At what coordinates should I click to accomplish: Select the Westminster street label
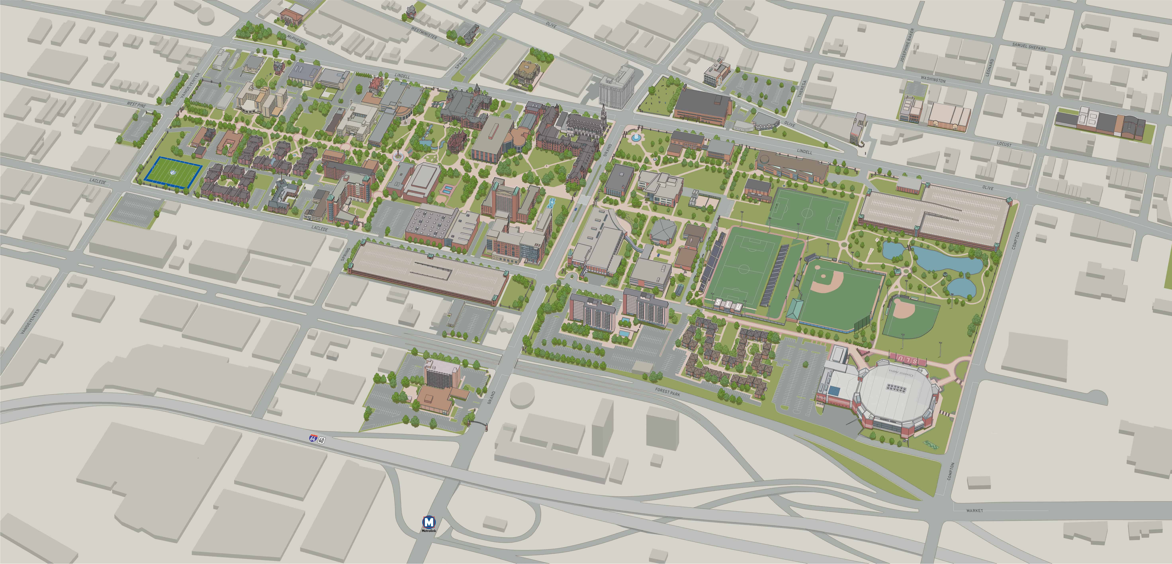tap(424, 33)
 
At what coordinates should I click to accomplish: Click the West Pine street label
tap(136, 105)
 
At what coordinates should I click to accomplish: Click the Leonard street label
tap(990, 67)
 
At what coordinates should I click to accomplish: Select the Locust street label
tap(1004, 144)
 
